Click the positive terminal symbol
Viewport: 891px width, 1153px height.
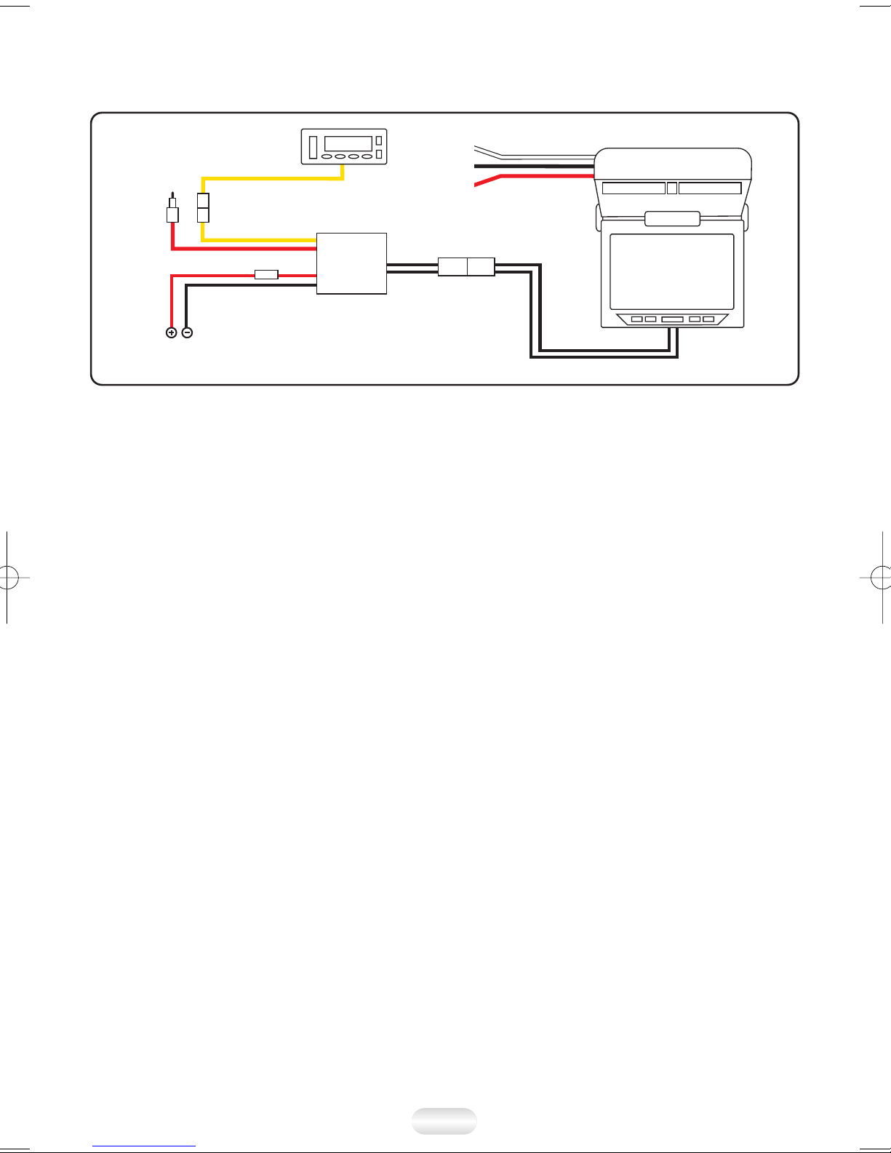point(172,332)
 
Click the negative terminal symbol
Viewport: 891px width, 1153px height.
point(187,332)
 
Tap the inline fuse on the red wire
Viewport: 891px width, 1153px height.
point(266,274)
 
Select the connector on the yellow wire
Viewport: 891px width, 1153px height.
point(203,208)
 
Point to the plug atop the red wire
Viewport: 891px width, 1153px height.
point(172,212)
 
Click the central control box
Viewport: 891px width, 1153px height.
point(351,263)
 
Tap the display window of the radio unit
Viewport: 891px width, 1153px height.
point(348,143)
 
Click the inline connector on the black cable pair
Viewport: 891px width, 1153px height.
point(466,266)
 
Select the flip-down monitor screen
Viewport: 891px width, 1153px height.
point(671,271)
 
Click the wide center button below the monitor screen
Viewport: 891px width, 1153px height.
point(672,319)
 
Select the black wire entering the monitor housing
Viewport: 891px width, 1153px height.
point(538,167)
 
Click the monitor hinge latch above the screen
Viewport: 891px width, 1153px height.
point(672,218)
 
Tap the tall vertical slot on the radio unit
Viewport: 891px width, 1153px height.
point(313,145)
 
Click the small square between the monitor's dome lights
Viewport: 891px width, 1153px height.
point(672,188)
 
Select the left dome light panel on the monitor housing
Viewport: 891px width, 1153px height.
point(634,188)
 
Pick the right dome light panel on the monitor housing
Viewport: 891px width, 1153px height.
point(710,188)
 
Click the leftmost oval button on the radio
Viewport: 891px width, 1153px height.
point(327,156)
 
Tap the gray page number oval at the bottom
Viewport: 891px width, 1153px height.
point(444,1121)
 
